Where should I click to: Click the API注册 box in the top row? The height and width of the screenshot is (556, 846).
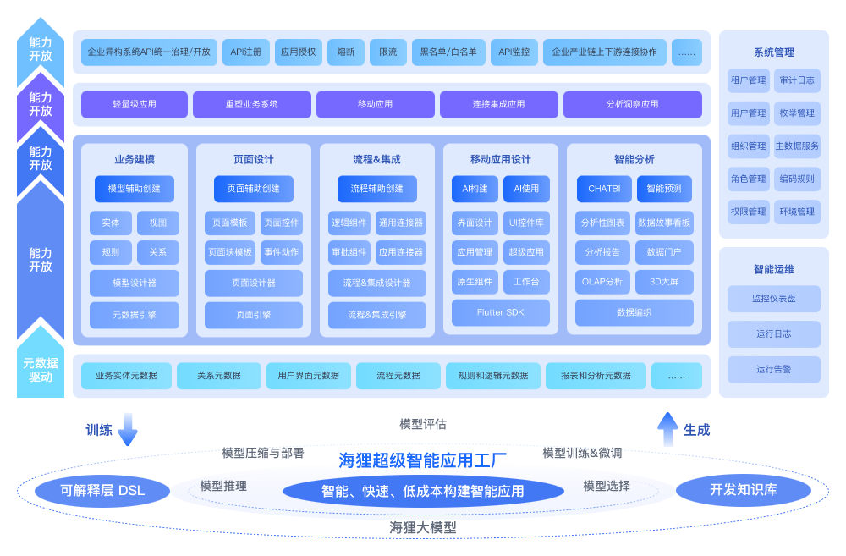click(x=246, y=52)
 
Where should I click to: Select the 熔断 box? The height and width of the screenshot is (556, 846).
click(x=345, y=52)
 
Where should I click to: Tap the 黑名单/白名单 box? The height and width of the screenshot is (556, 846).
click(x=448, y=52)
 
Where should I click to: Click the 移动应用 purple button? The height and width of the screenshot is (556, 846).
click(x=375, y=104)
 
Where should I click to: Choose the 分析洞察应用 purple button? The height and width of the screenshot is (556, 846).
click(x=632, y=104)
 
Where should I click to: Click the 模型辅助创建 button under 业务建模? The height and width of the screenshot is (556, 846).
click(x=135, y=189)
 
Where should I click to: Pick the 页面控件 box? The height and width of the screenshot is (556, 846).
click(x=282, y=223)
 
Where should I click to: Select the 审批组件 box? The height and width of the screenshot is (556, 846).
click(x=348, y=252)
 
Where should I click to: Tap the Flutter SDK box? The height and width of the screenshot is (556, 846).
click(x=501, y=312)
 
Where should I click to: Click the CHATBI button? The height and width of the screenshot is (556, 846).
click(x=604, y=189)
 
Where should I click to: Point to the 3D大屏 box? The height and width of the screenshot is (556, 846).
click(x=664, y=282)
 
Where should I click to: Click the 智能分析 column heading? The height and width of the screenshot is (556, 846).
click(x=634, y=159)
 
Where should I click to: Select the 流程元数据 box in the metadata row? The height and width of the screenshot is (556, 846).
click(x=398, y=376)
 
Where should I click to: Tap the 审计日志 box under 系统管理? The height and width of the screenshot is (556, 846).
click(x=797, y=80)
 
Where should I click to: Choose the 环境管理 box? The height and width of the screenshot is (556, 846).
click(x=797, y=212)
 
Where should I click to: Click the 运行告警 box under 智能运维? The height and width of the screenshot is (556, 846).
click(x=773, y=369)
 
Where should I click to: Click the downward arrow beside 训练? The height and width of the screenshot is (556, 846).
click(x=127, y=429)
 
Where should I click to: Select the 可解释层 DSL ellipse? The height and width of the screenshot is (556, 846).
click(x=102, y=490)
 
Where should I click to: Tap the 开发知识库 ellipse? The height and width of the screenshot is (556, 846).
click(x=744, y=490)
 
